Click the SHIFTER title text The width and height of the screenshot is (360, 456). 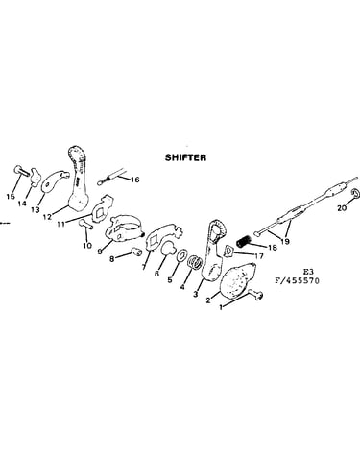[x=185, y=157]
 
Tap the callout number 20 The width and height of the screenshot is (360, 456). [x=342, y=208]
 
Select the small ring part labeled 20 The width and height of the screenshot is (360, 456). [x=355, y=193]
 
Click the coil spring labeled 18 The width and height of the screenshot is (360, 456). [x=244, y=241]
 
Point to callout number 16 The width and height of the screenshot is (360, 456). [x=135, y=180]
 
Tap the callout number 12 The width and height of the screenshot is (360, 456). [x=47, y=217]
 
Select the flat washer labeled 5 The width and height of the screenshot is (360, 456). [x=182, y=255]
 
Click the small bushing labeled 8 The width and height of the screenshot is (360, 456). [x=137, y=252]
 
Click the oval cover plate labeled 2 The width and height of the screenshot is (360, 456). [x=238, y=279]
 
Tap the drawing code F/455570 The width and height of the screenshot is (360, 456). [x=297, y=281]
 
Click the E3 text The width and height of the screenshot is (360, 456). [x=308, y=272]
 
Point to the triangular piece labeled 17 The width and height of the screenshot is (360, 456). [x=228, y=251]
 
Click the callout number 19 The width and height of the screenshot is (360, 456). [x=284, y=241]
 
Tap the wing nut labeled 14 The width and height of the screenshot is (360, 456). [x=36, y=177]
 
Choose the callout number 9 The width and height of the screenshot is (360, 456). [x=100, y=252]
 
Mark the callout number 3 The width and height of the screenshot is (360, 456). [x=196, y=294]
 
